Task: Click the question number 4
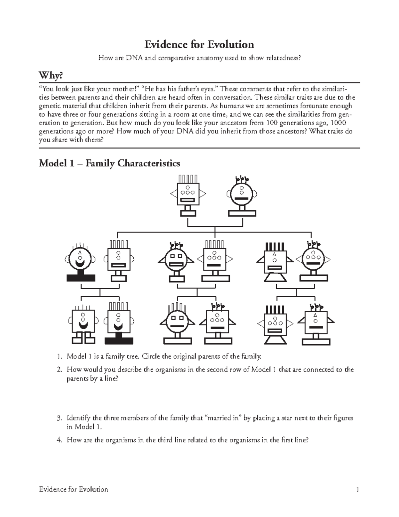59,440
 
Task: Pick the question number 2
59,370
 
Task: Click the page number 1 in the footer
357,489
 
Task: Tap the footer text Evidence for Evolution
73,489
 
